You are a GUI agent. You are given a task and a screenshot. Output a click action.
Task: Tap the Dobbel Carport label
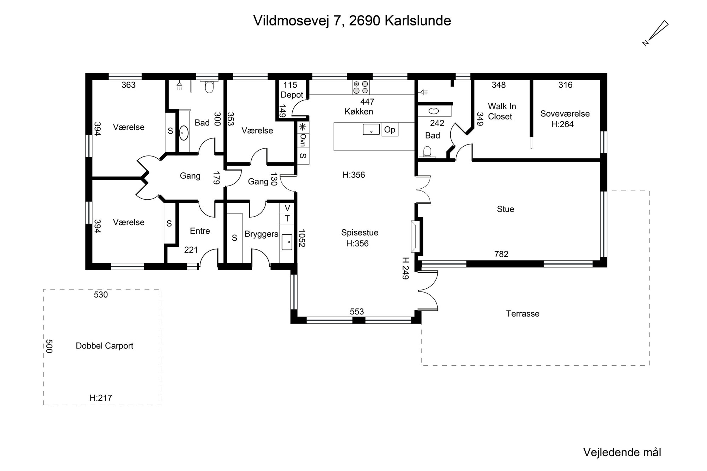[x=105, y=346]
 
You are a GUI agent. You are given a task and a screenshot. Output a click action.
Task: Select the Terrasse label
[x=522, y=314]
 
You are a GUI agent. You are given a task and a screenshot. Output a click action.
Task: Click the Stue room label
[x=506, y=209]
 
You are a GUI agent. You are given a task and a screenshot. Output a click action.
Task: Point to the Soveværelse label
[x=565, y=114]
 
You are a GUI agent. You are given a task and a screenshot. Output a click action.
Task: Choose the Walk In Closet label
[x=502, y=111]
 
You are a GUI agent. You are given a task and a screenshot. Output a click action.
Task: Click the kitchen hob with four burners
[x=361, y=87]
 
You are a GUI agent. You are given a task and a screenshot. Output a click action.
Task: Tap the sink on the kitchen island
[x=371, y=129]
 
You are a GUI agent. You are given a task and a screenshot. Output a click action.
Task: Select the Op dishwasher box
[x=390, y=130]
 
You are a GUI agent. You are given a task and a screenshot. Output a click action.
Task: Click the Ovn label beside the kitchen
[x=303, y=140]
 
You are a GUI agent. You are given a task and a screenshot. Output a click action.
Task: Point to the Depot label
[x=292, y=95]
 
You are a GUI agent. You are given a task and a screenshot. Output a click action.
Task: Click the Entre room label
[x=200, y=231]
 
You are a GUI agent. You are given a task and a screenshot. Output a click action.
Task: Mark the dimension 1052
[x=302, y=239]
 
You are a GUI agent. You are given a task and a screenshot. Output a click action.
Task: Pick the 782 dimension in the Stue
[x=501, y=254]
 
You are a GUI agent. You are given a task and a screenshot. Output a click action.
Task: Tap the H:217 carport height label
[x=101, y=398]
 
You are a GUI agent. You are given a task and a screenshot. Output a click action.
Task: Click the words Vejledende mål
[x=622, y=453]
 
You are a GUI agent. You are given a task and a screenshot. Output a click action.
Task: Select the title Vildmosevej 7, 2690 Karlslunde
[x=352, y=21]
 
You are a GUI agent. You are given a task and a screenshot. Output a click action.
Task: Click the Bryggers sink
[x=287, y=242]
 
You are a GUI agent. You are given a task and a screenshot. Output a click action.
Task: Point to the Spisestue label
[x=360, y=232]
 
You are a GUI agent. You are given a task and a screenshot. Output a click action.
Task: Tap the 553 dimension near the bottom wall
[x=357, y=312]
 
